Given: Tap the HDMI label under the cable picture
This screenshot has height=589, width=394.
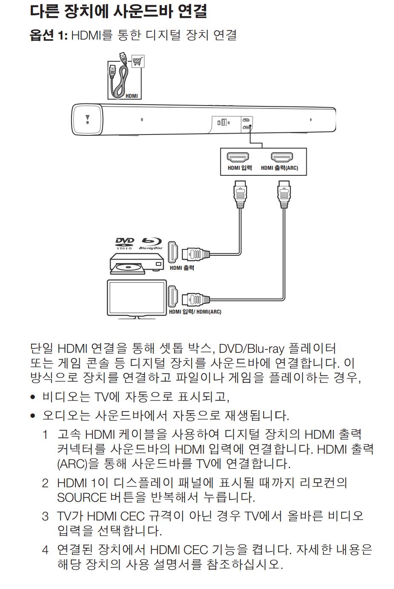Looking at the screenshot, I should (132, 96).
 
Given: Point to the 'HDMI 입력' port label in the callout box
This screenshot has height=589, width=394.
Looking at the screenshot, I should (239, 168).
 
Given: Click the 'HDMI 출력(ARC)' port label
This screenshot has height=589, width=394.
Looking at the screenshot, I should (279, 168).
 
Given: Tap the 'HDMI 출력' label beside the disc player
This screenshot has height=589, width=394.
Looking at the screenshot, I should (182, 268).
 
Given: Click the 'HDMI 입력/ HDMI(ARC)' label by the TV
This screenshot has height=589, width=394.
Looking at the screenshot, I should (195, 312).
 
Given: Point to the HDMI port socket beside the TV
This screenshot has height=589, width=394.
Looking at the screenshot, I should (173, 296).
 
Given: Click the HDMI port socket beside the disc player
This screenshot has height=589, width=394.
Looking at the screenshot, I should (173, 252).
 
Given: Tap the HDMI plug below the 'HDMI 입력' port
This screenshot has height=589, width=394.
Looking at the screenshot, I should (240, 194).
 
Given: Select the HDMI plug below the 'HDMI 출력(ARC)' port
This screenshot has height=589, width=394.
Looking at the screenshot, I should (284, 194).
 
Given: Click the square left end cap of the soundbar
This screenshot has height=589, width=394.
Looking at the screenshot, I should (88, 120).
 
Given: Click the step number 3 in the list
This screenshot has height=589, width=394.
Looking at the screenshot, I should (45, 516).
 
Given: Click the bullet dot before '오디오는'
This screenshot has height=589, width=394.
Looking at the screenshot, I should (33, 415).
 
